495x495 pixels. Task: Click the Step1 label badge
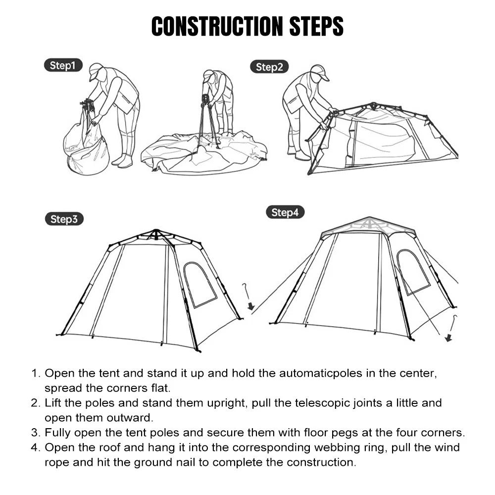click(x=62, y=66)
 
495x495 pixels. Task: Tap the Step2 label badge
click(x=269, y=67)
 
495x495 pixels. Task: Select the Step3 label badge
click(x=64, y=219)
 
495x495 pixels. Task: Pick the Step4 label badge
click(x=285, y=213)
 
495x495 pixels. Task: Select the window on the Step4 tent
click(x=413, y=272)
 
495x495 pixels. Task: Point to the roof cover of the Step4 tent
click(x=369, y=225)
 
